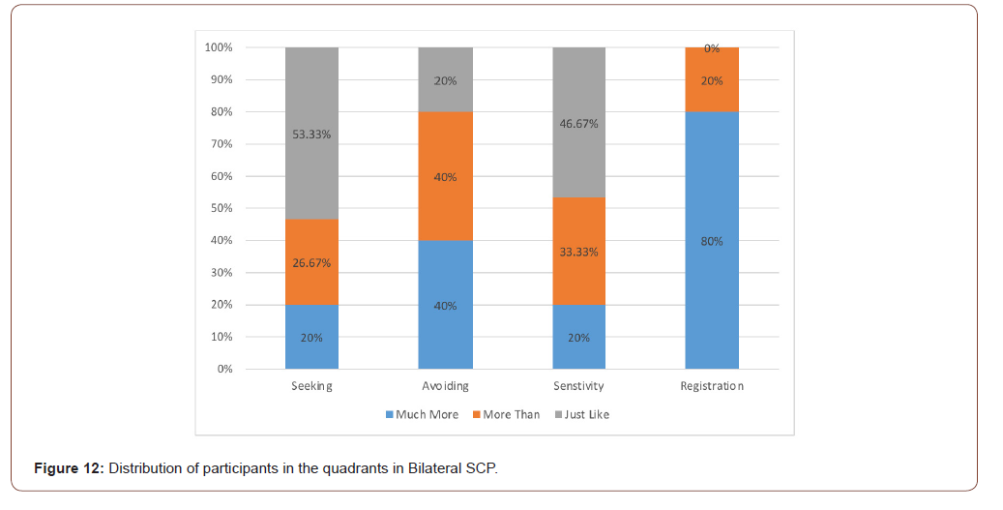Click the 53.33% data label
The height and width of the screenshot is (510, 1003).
point(311,135)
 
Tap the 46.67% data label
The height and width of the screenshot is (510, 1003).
point(578,124)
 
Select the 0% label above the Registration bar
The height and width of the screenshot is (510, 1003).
point(712,48)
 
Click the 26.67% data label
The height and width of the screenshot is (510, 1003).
point(311,262)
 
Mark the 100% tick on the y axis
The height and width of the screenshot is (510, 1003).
point(219,47)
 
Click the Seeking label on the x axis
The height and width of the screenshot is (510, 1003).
point(311,386)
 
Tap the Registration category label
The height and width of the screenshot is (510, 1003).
point(712,386)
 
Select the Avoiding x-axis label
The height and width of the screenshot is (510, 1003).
point(446,386)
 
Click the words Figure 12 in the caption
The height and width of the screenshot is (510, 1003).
point(69,469)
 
